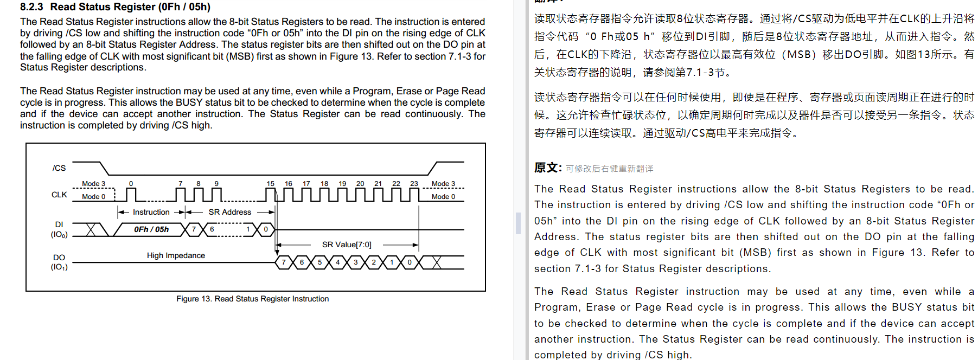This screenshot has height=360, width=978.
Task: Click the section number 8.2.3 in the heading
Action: click(x=31, y=7)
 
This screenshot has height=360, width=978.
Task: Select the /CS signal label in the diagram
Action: click(x=59, y=168)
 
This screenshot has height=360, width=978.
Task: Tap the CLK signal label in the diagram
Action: click(x=59, y=195)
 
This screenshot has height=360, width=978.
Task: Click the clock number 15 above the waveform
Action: click(x=270, y=184)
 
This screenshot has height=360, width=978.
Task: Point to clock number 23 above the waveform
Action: click(x=414, y=184)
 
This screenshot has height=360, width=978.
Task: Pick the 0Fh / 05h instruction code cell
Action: click(x=151, y=229)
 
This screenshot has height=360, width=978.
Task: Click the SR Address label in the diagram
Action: click(x=229, y=212)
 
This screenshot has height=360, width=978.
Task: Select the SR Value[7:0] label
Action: click(x=347, y=245)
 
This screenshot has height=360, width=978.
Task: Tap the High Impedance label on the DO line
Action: click(x=176, y=255)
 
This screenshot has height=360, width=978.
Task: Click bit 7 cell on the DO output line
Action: click(x=284, y=262)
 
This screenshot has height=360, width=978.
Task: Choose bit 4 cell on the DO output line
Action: click(x=337, y=262)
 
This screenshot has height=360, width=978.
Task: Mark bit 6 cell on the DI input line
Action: click(x=212, y=229)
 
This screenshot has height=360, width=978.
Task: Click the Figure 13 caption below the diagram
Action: click(x=252, y=299)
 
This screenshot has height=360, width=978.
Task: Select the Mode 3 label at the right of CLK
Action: click(x=443, y=184)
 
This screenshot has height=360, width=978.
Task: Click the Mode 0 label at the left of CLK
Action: click(x=93, y=197)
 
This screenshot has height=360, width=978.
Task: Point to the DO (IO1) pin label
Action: click(x=59, y=262)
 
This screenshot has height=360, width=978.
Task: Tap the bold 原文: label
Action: click(x=548, y=168)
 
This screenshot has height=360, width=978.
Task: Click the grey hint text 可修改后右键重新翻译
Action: click(x=609, y=169)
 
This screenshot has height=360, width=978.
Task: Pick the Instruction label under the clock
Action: click(x=151, y=212)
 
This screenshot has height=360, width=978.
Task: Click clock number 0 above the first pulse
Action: click(x=131, y=184)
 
